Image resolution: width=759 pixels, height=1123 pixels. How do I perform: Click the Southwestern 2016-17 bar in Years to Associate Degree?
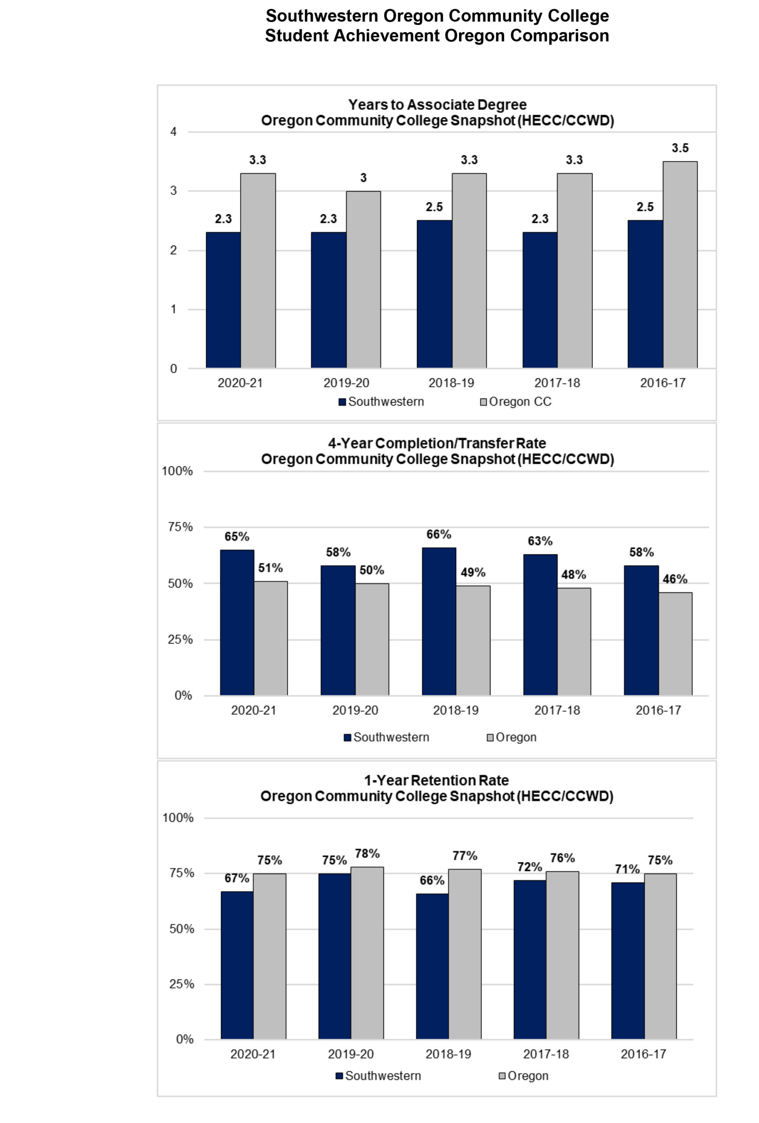(x=645, y=294)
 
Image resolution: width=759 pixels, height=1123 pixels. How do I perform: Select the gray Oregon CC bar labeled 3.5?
(x=680, y=265)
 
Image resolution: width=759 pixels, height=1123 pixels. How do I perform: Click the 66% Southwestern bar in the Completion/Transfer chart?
(x=438, y=622)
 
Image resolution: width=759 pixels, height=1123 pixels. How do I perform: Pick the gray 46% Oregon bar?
(x=675, y=644)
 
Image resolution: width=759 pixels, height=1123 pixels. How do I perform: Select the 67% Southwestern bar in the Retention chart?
(x=237, y=965)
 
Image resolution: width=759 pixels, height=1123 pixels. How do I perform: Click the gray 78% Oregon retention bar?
(x=367, y=953)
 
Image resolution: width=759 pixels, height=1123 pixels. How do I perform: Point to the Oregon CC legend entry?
(x=516, y=401)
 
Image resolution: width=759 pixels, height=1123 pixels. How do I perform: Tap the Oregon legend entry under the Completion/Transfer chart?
(x=512, y=737)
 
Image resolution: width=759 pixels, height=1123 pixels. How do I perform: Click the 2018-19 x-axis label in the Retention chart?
(x=448, y=1053)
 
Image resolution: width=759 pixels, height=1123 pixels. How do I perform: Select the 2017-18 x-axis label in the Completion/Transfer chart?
(x=557, y=710)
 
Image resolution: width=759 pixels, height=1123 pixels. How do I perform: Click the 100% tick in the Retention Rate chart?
(x=178, y=818)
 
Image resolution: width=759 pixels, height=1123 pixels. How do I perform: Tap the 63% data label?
(x=540, y=541)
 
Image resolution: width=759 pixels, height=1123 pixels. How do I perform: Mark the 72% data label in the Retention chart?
(x=530, y=867)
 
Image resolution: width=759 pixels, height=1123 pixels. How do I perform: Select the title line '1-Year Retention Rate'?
(x=436, y=780)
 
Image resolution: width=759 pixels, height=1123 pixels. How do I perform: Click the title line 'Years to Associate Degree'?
(x=437, y=104)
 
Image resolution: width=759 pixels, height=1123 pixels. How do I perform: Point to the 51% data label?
(x=271, y=568)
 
